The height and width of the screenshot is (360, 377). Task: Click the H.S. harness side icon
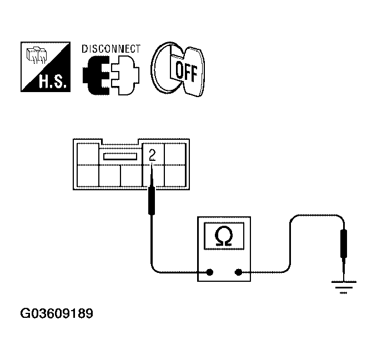(46, 67)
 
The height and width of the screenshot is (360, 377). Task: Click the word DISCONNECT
(111, 48)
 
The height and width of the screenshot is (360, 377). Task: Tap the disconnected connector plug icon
(110, 75)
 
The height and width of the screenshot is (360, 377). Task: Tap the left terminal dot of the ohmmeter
(210, 272)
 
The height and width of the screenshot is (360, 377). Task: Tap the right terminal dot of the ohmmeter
(239, 272)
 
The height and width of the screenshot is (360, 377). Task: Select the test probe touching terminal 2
(150, 200)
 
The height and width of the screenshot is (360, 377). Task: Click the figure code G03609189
(57, 314)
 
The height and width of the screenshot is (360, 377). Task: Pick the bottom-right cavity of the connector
(176, 176)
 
